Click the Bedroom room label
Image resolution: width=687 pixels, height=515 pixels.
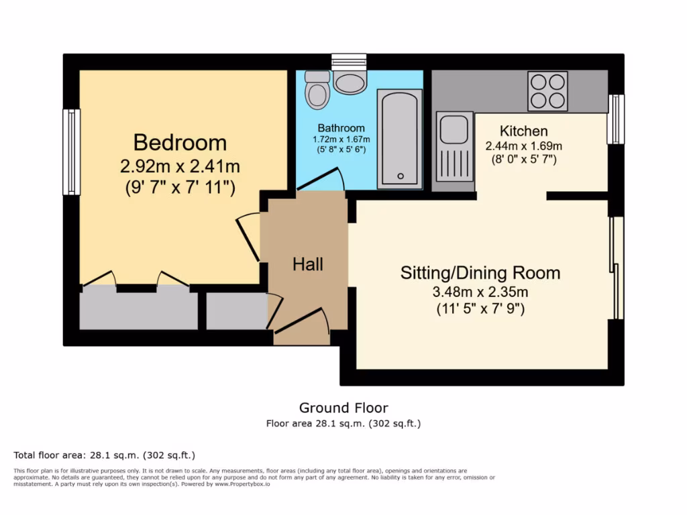click(x=180, y=143)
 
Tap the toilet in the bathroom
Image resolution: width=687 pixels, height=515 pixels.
click(x=317, y=90)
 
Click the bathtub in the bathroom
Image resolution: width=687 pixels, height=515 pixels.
click(x=400, y=139)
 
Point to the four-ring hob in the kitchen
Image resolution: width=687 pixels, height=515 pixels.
click(x=547, y=91)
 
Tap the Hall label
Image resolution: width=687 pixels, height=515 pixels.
click(x=308, y=264)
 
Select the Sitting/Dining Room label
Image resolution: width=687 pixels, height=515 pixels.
click(x=480, y=273)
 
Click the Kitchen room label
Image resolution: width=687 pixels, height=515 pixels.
click(x=524, y=131)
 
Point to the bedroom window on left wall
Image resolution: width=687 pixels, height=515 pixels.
click(x=71, y=152)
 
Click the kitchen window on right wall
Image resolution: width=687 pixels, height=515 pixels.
click(x=615, y=119)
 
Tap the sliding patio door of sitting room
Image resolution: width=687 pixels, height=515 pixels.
click(x=617, y=268)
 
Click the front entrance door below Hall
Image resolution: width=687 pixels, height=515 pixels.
click(x=303, y=323)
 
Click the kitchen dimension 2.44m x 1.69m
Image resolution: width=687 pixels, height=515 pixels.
click(x=524, y=146)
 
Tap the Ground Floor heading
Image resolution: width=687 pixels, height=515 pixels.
click(x=343, y=408)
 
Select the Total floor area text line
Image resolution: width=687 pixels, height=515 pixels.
click(x=105, y=455)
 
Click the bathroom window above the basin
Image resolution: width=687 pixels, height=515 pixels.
click(x=349, y=62)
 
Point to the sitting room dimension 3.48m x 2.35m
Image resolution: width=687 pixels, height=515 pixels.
click(x=480, y=292)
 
